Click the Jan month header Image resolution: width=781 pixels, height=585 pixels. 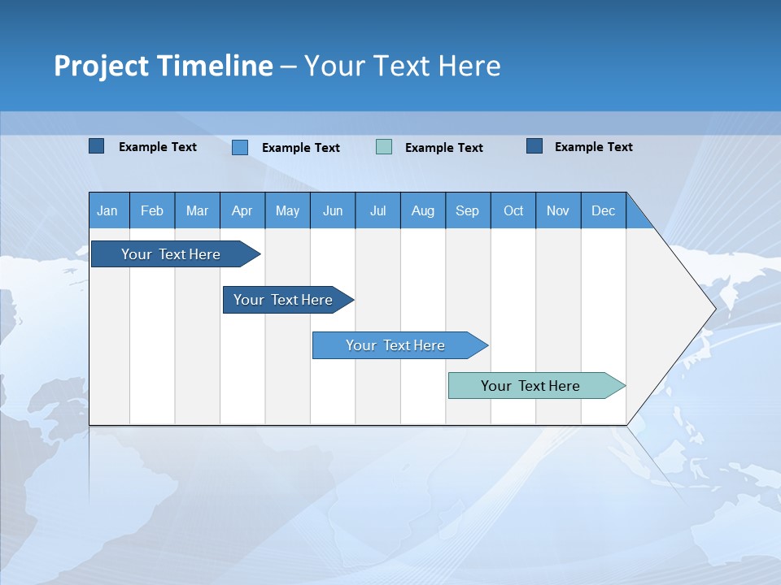[107, 210]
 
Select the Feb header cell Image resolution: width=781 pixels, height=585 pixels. [152, 210]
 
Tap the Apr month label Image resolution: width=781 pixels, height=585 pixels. [242, 210]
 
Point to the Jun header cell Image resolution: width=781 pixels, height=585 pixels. [333, 210]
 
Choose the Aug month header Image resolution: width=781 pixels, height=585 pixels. [423, 210]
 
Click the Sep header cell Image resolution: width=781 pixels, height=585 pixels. [468, 210]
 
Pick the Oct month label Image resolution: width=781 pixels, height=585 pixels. [513, 210]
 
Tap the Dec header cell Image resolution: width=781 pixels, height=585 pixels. [604, 210]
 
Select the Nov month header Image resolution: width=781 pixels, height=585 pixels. [558, 210]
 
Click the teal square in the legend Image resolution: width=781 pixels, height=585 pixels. [384, 147]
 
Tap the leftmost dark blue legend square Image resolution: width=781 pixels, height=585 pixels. [97, 146]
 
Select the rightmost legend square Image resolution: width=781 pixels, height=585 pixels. [534, 146]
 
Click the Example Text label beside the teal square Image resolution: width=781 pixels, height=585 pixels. [443, 148]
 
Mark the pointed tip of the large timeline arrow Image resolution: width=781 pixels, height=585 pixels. [714, 309]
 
